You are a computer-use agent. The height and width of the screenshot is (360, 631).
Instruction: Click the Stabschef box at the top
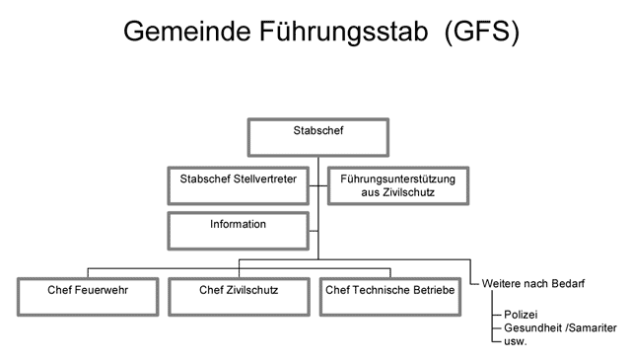pyautogui.click(x=317, y=137)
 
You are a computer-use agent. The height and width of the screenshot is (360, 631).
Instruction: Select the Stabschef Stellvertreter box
pyautogui.click(x=239, y=185)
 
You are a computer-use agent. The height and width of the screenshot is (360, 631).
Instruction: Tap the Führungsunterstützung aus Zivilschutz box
pyautogui.click(x=398, y=185)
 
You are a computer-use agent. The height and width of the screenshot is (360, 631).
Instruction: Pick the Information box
pyautogui.click(x=239, y=231)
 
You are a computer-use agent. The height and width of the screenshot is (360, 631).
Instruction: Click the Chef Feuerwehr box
pyautogui.click(x=88, y=297)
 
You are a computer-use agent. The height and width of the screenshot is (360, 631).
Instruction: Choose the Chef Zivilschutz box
pyautogui.click(x=239, y=297)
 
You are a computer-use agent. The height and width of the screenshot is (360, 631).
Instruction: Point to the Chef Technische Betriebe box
pyautogui.click(x=390, y=297)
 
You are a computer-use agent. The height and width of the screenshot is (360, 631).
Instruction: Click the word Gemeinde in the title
pyautogui.click(x=187, y=31)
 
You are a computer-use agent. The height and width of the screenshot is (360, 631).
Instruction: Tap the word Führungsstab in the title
pyautogui.click(x=344, y=33)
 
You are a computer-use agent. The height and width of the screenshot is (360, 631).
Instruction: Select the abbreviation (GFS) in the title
pyautogui.click(x=482, y=33)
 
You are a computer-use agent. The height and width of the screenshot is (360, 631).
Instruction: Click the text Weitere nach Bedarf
pyautogui.click(x=532, y=283)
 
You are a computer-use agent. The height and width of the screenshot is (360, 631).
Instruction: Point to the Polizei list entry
pyautogui.click(x=521, y=315)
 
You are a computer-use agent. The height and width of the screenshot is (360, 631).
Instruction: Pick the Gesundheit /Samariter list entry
pyautogui.click(x=560, y=327)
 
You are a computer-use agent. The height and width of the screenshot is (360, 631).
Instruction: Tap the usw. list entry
pyautogui.click(x=515, y=341)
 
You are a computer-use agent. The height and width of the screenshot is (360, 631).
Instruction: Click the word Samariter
pyautogui.click(x=593, y=327)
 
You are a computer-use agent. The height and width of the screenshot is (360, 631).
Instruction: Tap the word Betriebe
pyautogui.click(x=431, y=290)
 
